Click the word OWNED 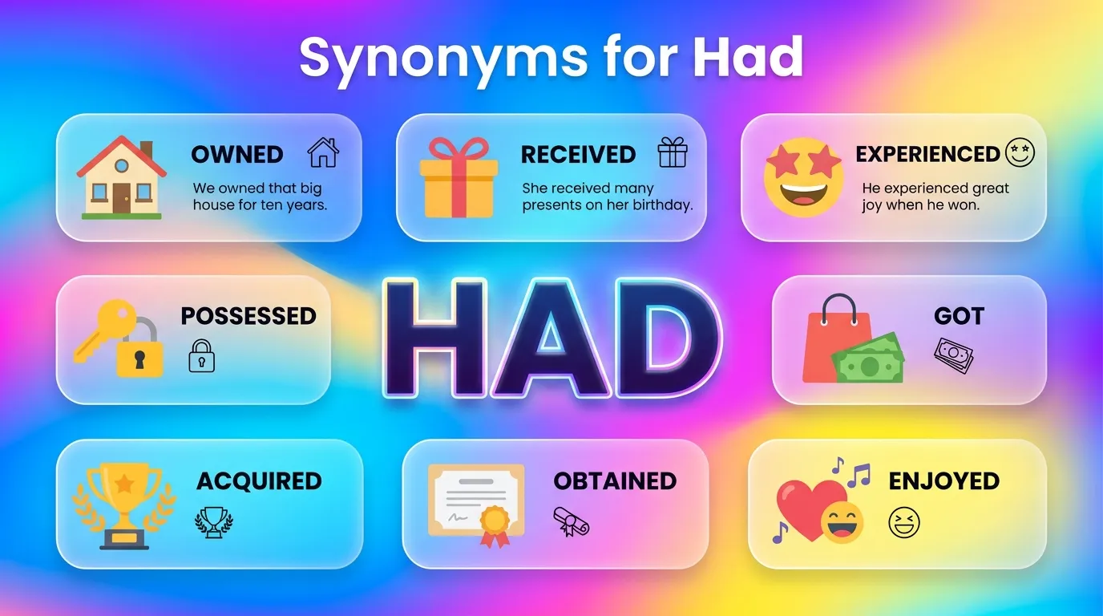coord(236,154)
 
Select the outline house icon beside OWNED coord(323,152)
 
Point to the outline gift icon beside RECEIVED coord(673,152)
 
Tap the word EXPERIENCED coord(927,154)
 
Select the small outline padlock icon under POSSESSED coord(201,356)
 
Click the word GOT coord(959,316)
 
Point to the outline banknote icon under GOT coord(953,355)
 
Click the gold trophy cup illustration coord(123,501)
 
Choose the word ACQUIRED coord(259,481)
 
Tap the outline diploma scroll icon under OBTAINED coord(571,522)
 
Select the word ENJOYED coord(943,481)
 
